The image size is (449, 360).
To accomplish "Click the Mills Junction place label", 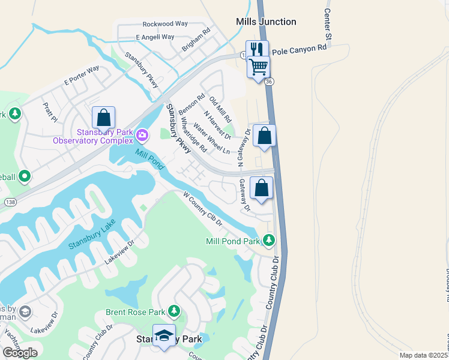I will coord(266,22).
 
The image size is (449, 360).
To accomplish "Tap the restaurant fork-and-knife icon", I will coord(256,49).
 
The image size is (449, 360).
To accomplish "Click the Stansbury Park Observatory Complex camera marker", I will coord(142,134).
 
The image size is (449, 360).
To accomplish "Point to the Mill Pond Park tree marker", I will coord(270,241).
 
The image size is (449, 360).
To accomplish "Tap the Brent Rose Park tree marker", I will coord(174,311).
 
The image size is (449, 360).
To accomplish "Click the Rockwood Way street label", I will coord(165,24).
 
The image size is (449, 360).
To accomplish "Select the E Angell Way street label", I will coord(154,37).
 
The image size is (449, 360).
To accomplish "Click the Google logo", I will coord(20,352).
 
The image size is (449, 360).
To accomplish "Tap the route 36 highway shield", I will coord(270,81).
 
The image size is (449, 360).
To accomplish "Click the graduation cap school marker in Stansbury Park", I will coord(164,335).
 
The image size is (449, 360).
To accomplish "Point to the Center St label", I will coord(328,26).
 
